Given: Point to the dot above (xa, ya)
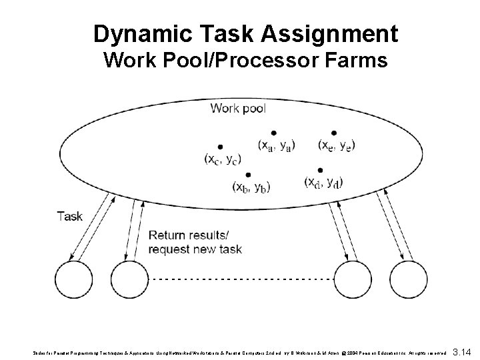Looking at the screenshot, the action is click(273, 132).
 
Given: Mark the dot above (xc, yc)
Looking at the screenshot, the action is click(220, 147).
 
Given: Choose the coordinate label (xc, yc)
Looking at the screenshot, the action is click(223, 159).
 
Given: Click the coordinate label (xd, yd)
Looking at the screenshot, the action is click(323, 181).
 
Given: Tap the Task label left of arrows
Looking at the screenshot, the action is click(70, 216).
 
